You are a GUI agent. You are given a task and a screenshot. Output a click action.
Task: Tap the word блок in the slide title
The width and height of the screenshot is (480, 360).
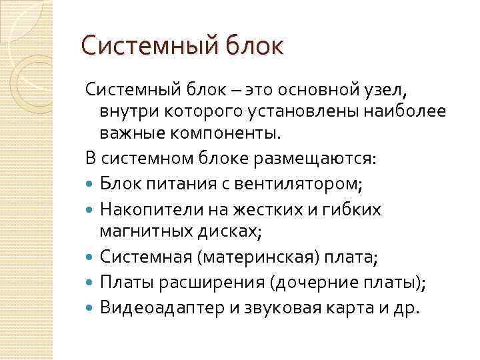coord(255,47)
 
